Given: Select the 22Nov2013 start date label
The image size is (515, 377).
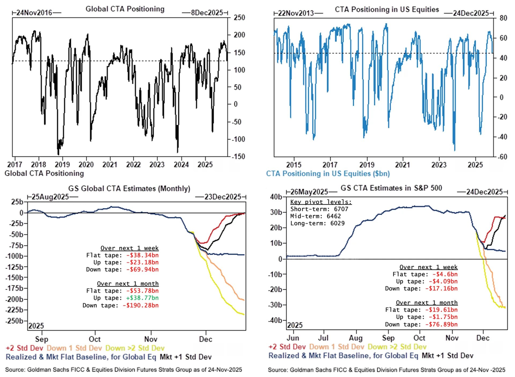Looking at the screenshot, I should pos(297,13).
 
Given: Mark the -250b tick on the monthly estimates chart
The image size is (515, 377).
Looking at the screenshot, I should pos(15,321).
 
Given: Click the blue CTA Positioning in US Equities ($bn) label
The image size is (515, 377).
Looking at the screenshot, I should pos(328,174).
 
